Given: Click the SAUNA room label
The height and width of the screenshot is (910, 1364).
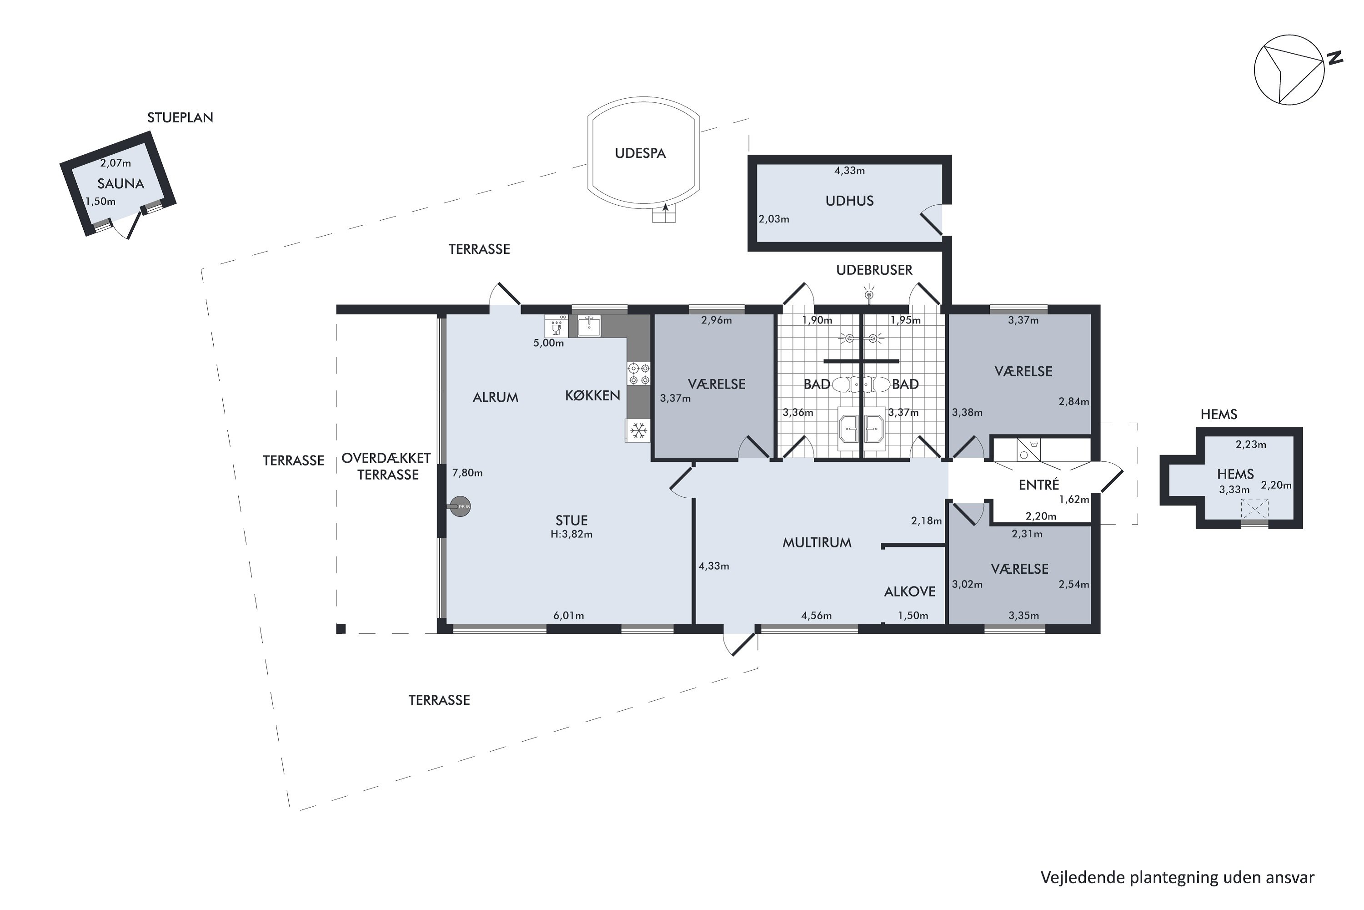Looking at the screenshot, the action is point(120,184).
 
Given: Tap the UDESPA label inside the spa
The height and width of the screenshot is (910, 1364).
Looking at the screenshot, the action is point(640,153).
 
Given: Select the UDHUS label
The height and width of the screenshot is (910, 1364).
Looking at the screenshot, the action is point(850,201).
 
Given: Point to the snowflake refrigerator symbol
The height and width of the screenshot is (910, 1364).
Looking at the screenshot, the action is point(638,430).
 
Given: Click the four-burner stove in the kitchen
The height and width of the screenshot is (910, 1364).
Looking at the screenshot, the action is point(638,373).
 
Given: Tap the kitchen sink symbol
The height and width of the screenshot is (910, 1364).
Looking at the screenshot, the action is point(589,326).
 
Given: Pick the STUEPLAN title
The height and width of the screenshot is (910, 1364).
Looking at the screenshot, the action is point(181,118).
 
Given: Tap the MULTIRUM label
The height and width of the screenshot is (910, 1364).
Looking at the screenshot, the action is point(817,543).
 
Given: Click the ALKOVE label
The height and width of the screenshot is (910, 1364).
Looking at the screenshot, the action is point(910,591).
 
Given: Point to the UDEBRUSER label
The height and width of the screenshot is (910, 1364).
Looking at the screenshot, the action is point(874,270).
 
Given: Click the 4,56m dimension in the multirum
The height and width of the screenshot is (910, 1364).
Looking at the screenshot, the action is point(817,616).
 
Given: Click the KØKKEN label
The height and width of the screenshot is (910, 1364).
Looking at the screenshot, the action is point(593,396).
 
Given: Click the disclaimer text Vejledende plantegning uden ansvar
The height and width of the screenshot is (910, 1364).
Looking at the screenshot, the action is point(1177,878).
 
